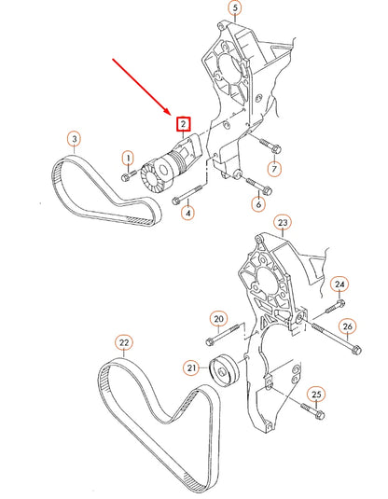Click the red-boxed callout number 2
(x=184, y=124)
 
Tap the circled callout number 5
(x=235, y=7)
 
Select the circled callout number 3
(x=75, y=139)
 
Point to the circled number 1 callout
(x=129, y=159)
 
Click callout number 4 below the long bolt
(x=187, y=213)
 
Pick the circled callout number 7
(x=274, y=169)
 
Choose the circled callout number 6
(x=258, y=204)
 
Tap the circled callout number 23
(x=283, y=222)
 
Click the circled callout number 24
(x=339, y=284)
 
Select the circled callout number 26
(x=348, y=326)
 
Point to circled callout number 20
(x=218, y=319)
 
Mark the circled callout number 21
(x=191, y=368)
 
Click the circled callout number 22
(x=124, y=342)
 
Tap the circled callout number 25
(x=316, y=395)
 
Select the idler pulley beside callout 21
(x=224, y=370)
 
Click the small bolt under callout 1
(x=129, y=175)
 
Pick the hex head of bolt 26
(x=357, y=350)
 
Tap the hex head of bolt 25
(x=321, y=415)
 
